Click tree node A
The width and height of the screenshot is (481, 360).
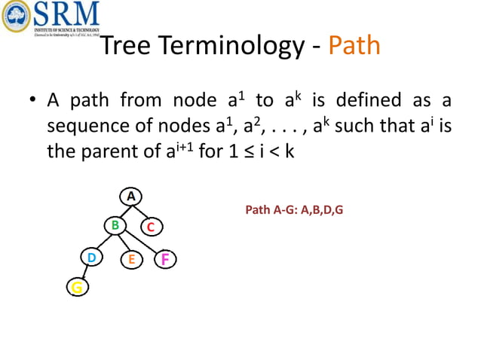point(130,196)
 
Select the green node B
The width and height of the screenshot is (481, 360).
point(115,224)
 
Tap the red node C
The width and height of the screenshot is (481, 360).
point(151,226)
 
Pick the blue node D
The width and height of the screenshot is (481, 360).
point(91,258)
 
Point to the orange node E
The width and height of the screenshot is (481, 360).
point(131,260)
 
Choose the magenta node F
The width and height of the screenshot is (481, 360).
point(164,260)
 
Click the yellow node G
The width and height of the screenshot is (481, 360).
point(76,287)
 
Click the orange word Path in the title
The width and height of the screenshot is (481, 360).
point(354,47)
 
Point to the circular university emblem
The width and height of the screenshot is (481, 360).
point(15,17)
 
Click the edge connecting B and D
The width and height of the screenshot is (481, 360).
point(103,240)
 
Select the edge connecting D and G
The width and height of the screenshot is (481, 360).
point(84,273)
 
